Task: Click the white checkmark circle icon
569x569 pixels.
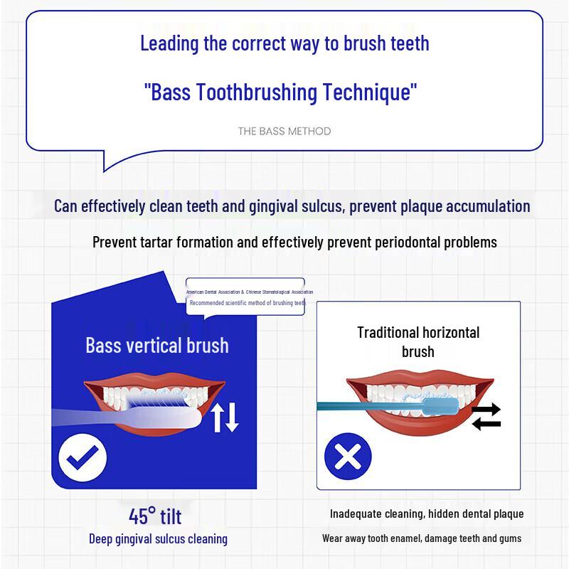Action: pyautogui.click(x=83, y=456)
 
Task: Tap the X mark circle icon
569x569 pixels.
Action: pyautogui.click(x=348, y=455)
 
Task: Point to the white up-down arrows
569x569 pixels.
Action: pyautogui.click(x=225, y=416)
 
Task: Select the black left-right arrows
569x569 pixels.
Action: pyautogui.click(x=486, y=416)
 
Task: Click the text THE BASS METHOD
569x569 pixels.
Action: pyautogui.click(x=284, y=131)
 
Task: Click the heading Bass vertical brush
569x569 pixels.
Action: pyautogui.click(x=157, y=346)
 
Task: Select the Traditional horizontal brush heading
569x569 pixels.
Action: pyautogui.click(x=418, y=341)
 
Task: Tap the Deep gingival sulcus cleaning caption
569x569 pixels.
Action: pyautogui.click(x=158, y=538)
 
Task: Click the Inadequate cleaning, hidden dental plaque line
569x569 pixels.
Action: pyautogui.click(x=427, y=514)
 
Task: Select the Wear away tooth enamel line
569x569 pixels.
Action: pyautogui.click(x=421, y=538)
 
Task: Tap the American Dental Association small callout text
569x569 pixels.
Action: pyautogui.click(x=249, y=292)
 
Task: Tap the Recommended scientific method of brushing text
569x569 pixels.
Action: pyautogui.click(x=246, y=303)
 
